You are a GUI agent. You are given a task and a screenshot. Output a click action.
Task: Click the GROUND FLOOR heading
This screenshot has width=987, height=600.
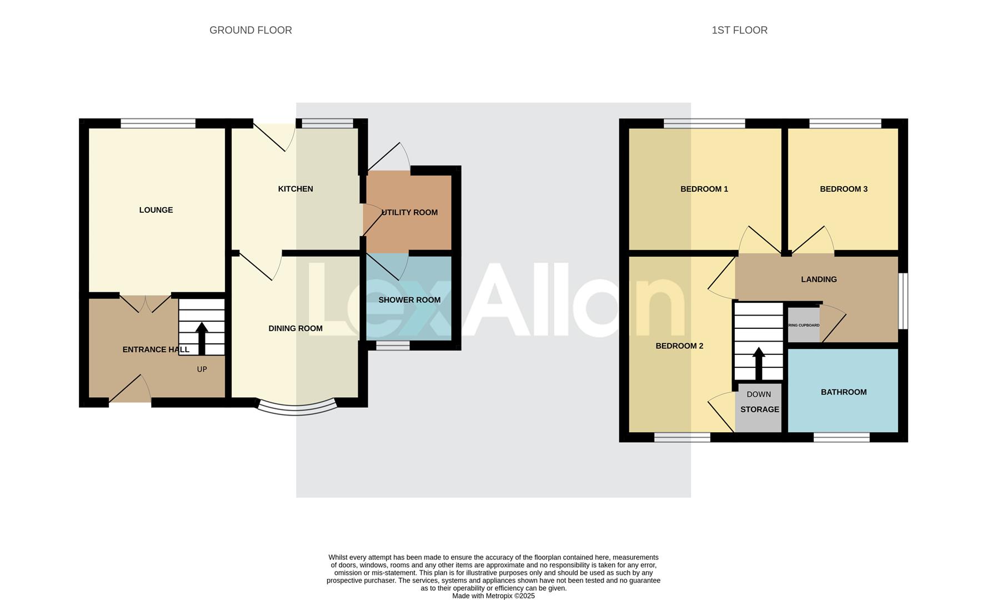tap(250, 31)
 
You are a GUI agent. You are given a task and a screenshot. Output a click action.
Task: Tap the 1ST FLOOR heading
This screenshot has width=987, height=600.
tap(739, 31)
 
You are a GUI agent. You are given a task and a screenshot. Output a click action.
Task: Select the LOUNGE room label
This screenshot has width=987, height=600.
tap(156, 210)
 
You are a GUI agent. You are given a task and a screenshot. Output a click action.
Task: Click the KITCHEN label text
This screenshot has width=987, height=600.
tap(295, 189)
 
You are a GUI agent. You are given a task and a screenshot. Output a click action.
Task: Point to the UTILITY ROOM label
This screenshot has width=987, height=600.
tap(409, 212)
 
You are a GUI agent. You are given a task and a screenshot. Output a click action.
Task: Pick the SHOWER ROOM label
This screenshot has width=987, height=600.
tap(409, 300)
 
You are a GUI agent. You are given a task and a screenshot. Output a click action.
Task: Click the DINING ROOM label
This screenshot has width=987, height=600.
tap(295, 328)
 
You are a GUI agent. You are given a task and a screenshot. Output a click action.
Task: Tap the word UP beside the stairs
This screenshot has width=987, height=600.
tap(202, 369)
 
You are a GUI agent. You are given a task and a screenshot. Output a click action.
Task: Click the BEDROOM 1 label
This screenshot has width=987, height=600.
tap(704, 189)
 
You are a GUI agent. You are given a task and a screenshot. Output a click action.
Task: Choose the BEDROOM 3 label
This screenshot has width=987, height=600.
tap(843, 189)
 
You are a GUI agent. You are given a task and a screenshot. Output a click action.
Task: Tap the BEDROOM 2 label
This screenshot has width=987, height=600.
tap(679, 346)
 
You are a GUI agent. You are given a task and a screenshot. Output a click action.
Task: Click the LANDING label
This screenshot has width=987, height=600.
tap(819, 279)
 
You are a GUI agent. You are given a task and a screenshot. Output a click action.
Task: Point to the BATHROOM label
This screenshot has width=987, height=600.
tap(843, 392)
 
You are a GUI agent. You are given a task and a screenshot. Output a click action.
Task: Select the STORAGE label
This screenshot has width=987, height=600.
tap(759, 409)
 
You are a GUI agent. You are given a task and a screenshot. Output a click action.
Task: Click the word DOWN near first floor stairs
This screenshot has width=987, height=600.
tap(759, 394)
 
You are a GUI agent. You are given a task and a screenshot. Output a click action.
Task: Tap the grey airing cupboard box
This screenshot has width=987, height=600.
tap(803, 326)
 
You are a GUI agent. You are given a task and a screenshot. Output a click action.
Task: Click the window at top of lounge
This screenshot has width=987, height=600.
tap(158, 123)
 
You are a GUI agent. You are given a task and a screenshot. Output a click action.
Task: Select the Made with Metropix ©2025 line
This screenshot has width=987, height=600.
tap(493, 596)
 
